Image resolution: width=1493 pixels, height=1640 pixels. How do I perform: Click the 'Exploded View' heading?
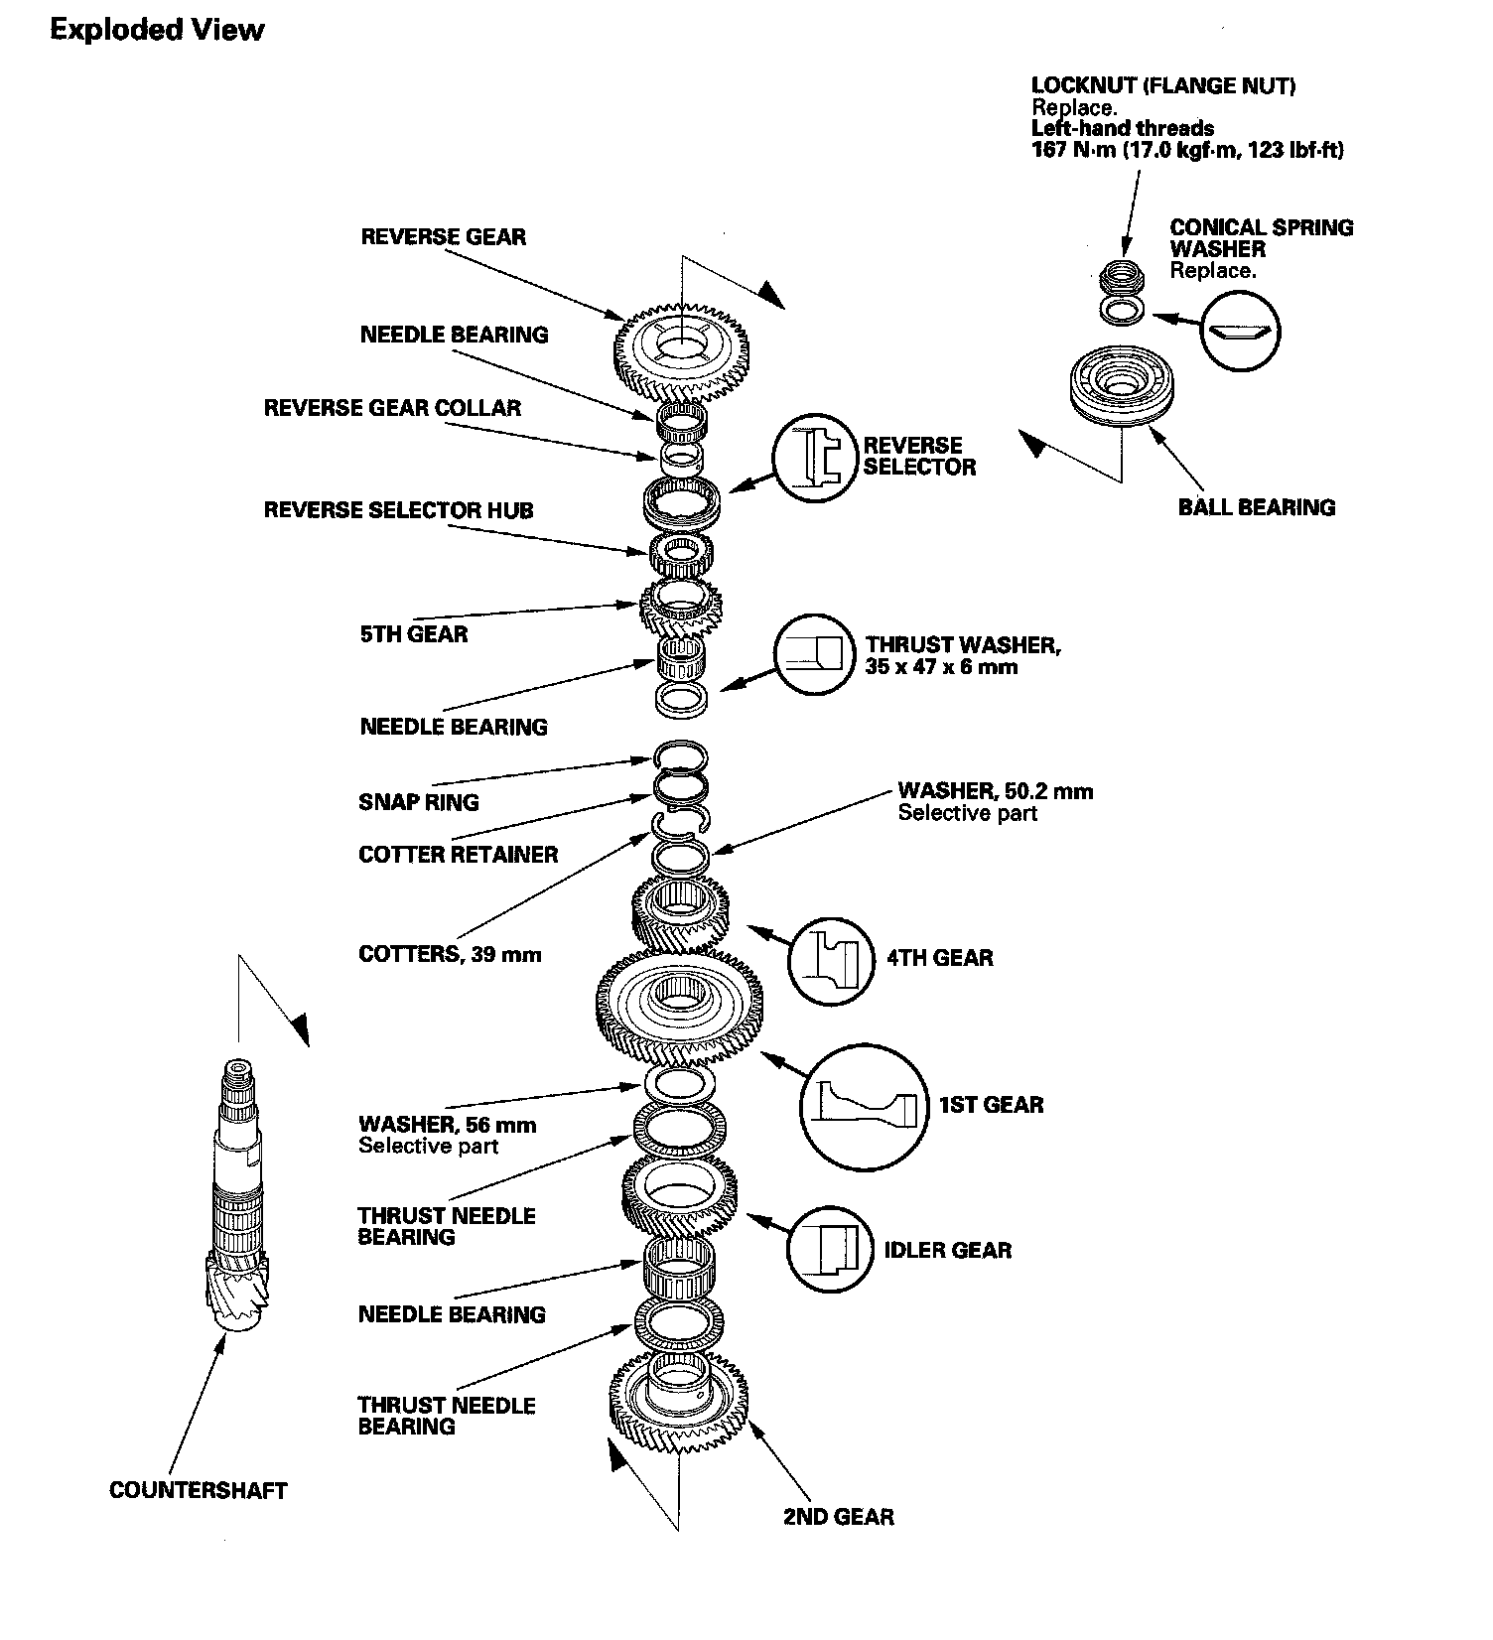[x=157, y=30]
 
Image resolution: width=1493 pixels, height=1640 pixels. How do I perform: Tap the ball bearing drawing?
[x=1122, y=385]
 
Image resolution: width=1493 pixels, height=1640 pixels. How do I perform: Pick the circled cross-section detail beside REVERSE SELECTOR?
[x=815, y=457]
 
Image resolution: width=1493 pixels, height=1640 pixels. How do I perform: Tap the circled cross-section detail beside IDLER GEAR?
[x=832, y=1250]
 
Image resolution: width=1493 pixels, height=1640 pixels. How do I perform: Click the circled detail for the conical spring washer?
[x=1240, y=332]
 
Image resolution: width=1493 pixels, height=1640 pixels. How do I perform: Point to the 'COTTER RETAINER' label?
[x=458, y=855]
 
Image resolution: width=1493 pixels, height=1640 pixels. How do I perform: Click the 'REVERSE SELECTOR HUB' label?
[x=398, y=510]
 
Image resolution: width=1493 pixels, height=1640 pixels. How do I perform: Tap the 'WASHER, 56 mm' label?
[x=447, y=1125]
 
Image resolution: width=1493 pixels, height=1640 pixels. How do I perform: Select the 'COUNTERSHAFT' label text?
[x=198, y=1490]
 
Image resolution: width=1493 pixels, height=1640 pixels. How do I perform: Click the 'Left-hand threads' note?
[x=1122, y=128]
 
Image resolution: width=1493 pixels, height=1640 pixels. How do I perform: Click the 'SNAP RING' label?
[x=418, y=802]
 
